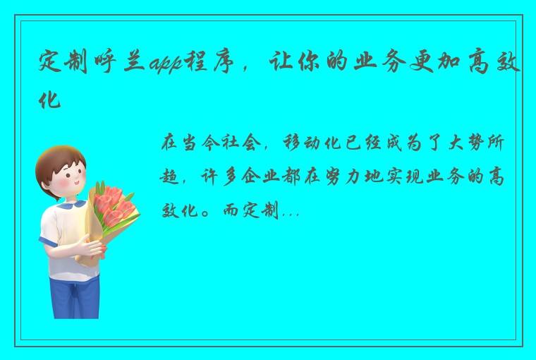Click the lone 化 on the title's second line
50,100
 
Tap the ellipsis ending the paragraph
291,211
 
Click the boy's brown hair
60,160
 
